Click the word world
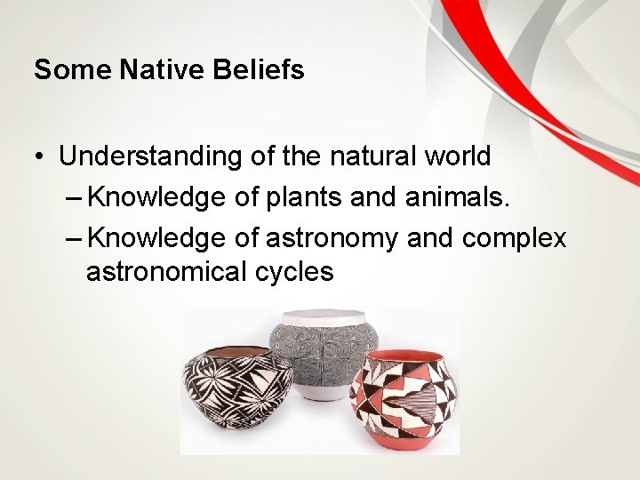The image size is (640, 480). [459, 156]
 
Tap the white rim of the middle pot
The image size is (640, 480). [323, 316]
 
